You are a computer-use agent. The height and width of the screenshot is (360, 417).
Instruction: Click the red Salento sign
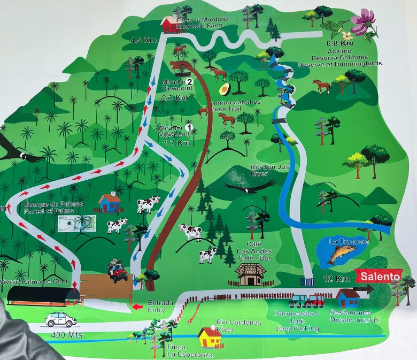380,277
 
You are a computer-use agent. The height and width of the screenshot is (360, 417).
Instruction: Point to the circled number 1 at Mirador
188,127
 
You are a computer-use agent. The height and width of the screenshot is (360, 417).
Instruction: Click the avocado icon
225,88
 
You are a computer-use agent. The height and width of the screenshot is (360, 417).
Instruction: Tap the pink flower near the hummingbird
362,21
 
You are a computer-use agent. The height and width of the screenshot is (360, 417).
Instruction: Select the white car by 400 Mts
60,319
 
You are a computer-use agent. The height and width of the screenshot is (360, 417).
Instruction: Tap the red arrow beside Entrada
138,307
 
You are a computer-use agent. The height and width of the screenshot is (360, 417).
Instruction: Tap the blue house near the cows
110,203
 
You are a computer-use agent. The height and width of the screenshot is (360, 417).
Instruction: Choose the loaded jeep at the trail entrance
117,271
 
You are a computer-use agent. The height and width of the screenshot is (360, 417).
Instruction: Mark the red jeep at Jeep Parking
315,301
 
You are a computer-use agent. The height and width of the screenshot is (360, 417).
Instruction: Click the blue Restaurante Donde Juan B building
348,298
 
